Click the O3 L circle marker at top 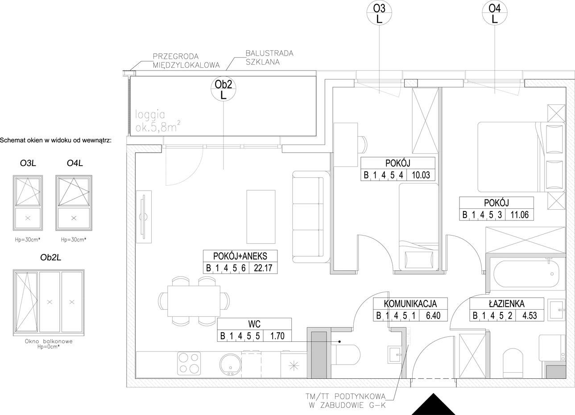tap(379, 13)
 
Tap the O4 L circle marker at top tap(494, 13)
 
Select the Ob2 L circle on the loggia tap(223, 89)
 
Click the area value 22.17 tap(263, 268)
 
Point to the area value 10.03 tap(421, 175)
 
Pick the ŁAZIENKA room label tap(506, 303)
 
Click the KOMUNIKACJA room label tap(410, 303)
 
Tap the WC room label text tap(254, 324)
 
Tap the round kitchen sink tap(230, 365)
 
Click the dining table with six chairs tap(194, 301)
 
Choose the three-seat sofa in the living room tap(311, 217)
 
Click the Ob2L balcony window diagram tap(49, 303)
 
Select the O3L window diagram tap(28, 203)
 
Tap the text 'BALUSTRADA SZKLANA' tap(269, 58)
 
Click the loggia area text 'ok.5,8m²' tap(157, 127)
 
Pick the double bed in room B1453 tap(521, 157)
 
